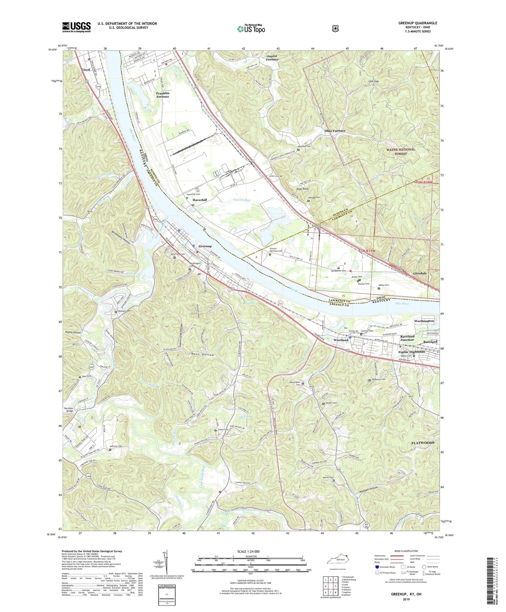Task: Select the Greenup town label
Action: click(x=205, y=246)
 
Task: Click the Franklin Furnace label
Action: click(x=162, y=95)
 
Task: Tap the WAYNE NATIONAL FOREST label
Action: click(x=400, y=152)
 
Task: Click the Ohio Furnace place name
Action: click(x=335, y=131)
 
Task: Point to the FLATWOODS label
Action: click(x=423, y=443)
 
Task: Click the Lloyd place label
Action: click(x=86, y=70)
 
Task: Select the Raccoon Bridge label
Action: click(x=68, y=410)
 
